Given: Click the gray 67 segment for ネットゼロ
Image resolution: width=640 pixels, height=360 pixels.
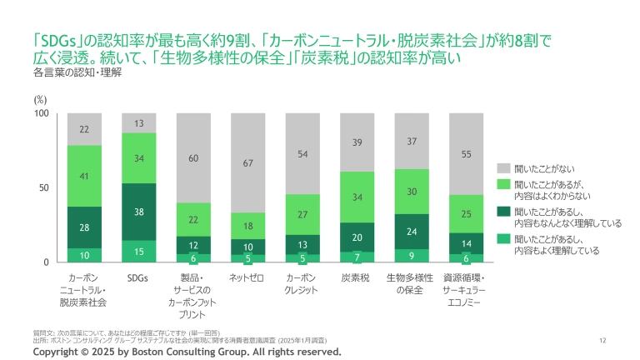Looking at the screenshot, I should (x=247, y=162).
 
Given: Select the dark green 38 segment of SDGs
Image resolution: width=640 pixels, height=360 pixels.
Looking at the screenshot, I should (x=138, y=212).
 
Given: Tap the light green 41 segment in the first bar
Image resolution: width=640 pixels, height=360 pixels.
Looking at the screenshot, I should (x=84, y=176).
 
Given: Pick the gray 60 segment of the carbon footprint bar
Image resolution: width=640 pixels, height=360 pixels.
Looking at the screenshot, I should (x=193, y=157).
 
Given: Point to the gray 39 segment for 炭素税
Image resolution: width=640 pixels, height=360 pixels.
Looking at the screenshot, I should (x=357, y=142).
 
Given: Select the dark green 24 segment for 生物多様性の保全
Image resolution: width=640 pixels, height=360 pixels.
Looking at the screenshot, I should (x=412, y=231).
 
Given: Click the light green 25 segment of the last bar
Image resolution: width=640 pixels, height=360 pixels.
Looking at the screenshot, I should (x=467, y=214).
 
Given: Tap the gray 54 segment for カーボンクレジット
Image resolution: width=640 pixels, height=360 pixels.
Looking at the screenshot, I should (x=302, y=154).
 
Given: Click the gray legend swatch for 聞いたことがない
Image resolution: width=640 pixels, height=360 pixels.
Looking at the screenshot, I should (x=502, y=167).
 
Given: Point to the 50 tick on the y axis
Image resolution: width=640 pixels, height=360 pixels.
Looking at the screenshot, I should (x=46, y=188).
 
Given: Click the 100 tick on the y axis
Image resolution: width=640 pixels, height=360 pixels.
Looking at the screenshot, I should (x=43, y=113).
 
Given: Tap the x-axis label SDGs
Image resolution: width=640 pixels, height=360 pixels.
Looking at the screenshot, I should (x=138, y=277).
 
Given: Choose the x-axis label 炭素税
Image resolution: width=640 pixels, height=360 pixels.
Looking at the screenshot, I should (x=357, y=277).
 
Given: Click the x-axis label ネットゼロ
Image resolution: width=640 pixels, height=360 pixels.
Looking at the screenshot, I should (x=247, y=277).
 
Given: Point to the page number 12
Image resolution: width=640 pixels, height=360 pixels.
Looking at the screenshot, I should (x=602, y=340).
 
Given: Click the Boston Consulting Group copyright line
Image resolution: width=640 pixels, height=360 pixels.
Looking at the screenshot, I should (x=187, y=352).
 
